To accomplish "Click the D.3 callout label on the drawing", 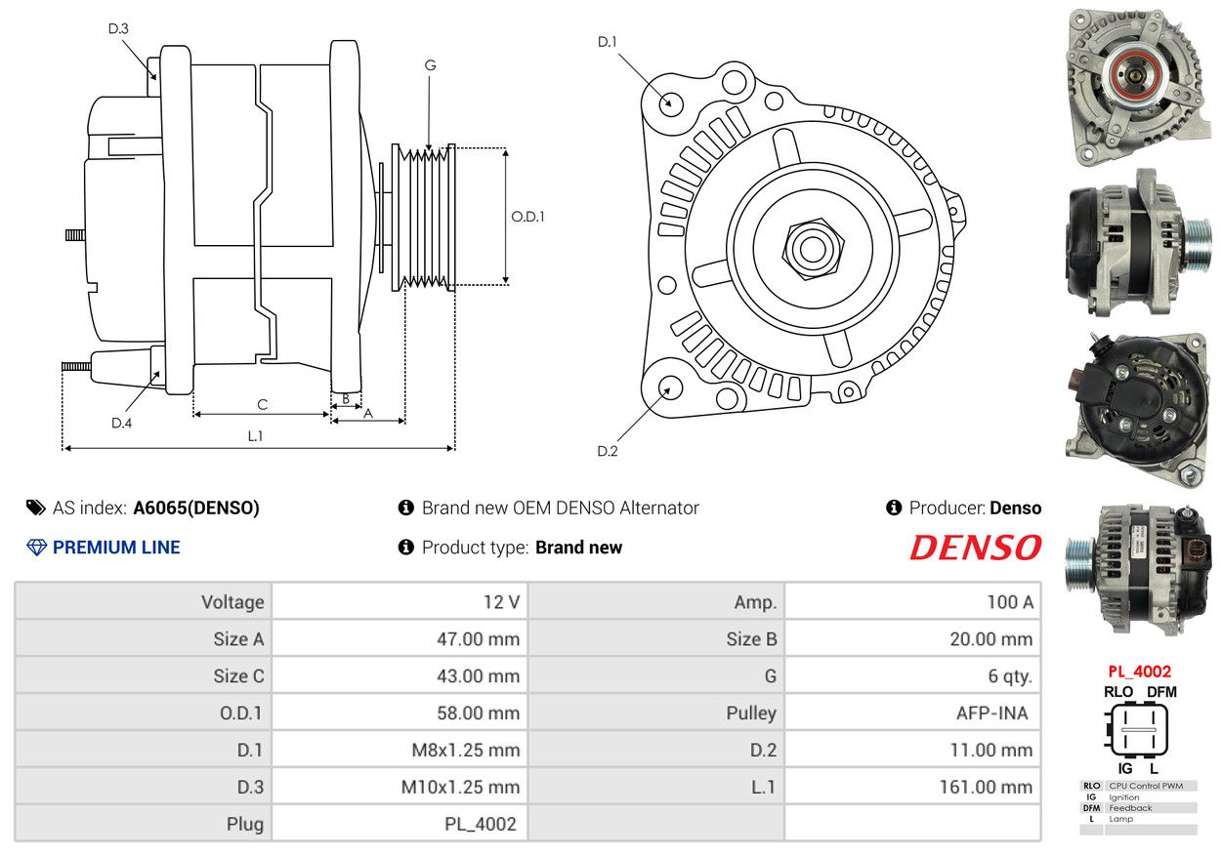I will tap(118, 29).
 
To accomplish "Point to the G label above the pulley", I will tap(430, 65).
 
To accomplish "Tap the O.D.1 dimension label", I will tap(527, 217).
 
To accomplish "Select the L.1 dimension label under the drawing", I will tap(255, 436).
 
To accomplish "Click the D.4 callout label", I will tap(121, 423).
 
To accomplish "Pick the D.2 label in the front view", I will tap(608, 451).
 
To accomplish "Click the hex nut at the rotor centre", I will tap(810, 246).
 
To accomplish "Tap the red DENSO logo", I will tap(975, 548).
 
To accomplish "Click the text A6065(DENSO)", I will tap(196, 508).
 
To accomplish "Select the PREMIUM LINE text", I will tap(116, 548).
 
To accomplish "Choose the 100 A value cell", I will tap(1009, 602).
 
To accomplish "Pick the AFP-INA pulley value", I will tap(991, 713).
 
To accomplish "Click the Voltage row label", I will tap(232, 602).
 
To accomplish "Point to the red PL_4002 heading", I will tap(1139, 672).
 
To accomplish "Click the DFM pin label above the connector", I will tap(1161, 692).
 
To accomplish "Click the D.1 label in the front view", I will tap(608, 42).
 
